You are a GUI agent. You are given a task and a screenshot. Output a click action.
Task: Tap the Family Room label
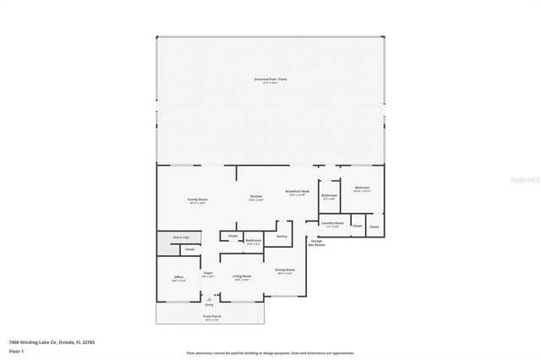click(198, 201)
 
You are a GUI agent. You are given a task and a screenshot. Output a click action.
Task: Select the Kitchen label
click(255, 198)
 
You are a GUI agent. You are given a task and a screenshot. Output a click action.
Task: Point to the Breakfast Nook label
click(298, 193)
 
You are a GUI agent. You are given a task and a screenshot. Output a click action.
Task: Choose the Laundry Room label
click(332, 225)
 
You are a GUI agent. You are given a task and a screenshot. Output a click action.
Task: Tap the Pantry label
click(281, 237)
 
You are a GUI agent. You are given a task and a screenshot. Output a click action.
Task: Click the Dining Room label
click(285, 271)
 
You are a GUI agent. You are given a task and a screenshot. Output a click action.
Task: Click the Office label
click(178, 278)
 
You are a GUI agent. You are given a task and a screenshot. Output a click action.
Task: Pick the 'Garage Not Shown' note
click(316, 243)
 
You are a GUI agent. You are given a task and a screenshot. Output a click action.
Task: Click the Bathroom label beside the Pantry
click(253, 242)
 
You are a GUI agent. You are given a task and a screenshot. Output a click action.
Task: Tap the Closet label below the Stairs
click(189, 249)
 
